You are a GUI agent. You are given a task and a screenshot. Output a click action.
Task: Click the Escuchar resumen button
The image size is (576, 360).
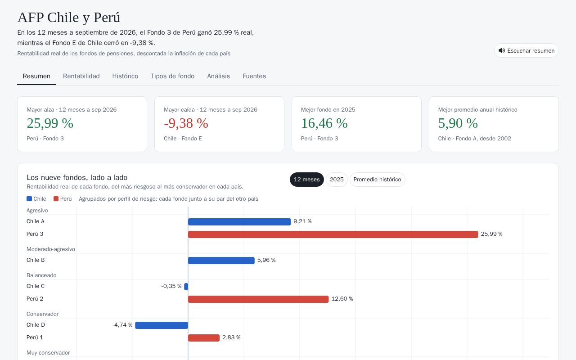[x=526, y=50]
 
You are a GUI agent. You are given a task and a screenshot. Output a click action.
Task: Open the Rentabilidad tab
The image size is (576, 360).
[x=81, y=76]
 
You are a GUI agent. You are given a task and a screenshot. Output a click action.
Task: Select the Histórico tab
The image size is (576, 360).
[x=125, y=76]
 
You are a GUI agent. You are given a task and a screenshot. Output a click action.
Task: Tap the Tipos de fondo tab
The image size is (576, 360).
[x=172, y=76]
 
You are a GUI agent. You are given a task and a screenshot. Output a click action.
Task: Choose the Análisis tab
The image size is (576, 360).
[x=218, y=76]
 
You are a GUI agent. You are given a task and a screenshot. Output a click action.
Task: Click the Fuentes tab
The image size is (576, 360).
[x=254, y=76]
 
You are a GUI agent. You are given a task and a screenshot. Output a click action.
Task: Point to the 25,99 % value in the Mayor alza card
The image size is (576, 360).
[x=50, y=123]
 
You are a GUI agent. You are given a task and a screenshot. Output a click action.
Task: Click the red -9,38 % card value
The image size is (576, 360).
[x=186, y=123]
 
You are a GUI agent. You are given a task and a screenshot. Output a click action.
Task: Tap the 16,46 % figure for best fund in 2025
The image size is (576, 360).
[x=324, y=123]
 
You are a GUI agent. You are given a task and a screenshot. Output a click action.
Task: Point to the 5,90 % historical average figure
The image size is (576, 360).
[x=458, y=123]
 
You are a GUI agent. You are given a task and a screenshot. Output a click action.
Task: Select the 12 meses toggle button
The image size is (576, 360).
[x=307, y=180]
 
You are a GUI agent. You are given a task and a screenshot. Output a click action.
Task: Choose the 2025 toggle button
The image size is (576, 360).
[x=337, y=180]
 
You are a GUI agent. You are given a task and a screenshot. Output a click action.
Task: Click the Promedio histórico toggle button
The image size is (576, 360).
[x=377, y=180]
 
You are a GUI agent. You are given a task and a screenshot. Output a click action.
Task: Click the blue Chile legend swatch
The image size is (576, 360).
[x=29, y=199]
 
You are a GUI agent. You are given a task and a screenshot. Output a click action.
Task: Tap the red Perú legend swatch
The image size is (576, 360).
[x=56, y=199]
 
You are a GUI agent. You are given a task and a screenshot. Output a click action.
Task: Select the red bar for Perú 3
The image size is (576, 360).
[x=333, y=234]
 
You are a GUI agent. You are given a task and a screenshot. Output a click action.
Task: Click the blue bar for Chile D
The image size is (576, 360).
[x=162, y=325]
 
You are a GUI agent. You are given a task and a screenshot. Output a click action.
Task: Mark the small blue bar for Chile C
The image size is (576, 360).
[x=186, y=287]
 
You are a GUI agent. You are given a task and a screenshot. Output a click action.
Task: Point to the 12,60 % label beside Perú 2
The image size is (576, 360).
[x=342, y=299]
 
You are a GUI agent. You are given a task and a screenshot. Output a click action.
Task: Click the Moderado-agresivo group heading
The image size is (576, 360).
[x=51, y=249]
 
